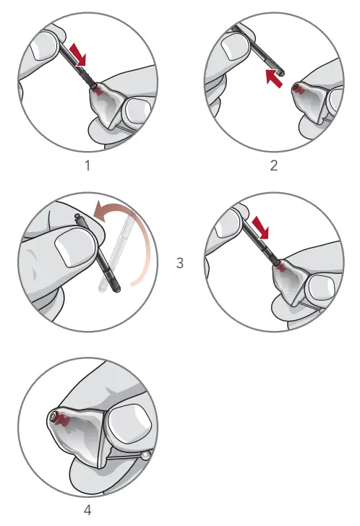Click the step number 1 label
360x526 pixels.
point(87,165)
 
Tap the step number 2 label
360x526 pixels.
point(273,165)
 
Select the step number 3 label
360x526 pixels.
point(180,263)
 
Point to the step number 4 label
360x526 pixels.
point(87,510)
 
